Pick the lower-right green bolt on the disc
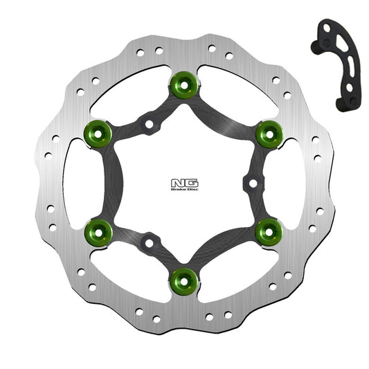click(x=269, y=231)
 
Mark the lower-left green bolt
click(x=99, y=231)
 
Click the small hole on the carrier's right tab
click(x=253, y=183)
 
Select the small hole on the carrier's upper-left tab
click(x=149, y=125)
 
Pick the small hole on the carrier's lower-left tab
click(x=149, y=242)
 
